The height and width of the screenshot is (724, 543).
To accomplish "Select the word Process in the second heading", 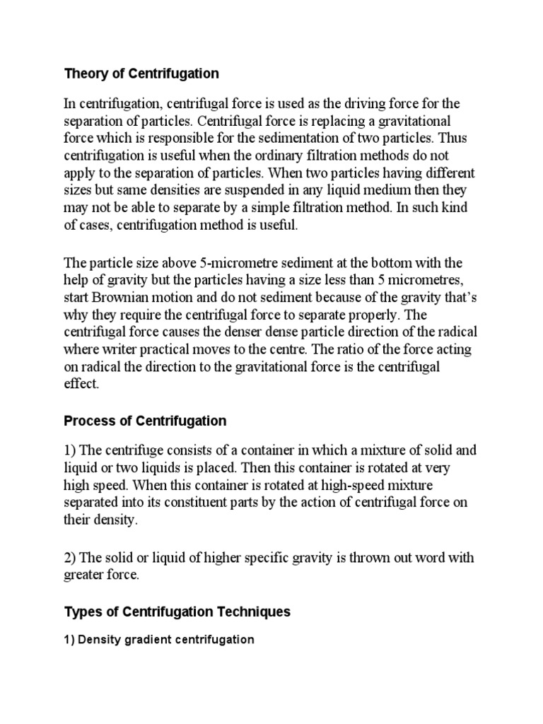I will [86, 421].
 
